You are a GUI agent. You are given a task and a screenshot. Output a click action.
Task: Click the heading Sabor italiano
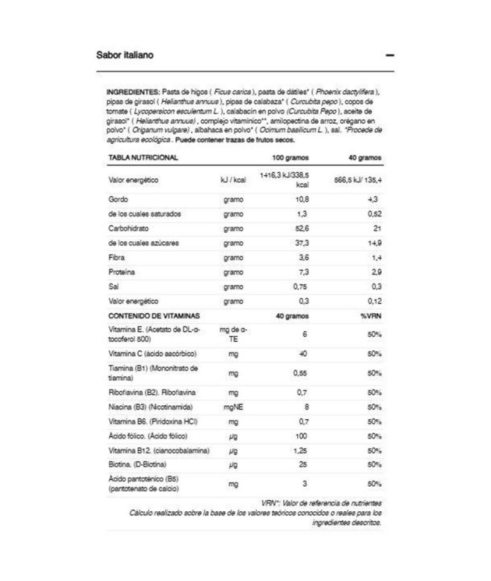pos(123,55)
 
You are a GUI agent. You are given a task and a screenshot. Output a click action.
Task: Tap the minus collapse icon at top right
pos(390,56)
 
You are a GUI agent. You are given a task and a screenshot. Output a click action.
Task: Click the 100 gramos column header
pos(290,157)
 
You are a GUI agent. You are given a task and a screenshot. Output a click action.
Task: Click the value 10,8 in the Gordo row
pos(301,200)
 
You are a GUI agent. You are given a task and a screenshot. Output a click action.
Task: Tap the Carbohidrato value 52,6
pos(301,229)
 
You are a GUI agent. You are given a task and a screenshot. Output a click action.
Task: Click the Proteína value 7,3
pos(302,272)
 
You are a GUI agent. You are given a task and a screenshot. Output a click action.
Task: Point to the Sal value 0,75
pos(300,286)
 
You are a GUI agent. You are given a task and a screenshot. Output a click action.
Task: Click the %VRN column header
pos(371,316)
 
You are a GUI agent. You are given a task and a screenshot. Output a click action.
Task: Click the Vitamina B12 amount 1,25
pos(300,450)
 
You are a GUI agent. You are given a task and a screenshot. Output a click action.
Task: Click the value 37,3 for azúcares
pos(301,243)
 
